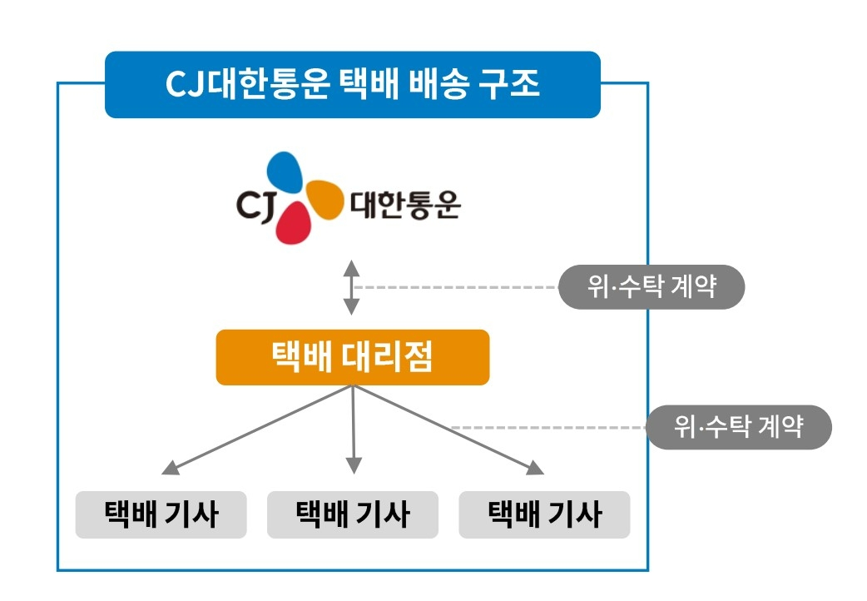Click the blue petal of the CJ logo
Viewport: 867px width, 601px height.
(284, 172)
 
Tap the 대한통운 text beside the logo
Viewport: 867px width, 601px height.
(405, 204)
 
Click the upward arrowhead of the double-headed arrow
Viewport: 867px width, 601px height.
(352, 268)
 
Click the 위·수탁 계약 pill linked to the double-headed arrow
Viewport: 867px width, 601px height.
(651, 287)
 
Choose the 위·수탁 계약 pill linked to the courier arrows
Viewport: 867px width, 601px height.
(739, 427)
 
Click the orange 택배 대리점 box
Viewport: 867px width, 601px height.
(352, 358)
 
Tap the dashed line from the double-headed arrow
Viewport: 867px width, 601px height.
(458, 287)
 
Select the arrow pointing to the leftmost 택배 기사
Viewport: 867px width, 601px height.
(250, 433)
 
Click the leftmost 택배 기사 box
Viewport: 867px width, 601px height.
(161, 514)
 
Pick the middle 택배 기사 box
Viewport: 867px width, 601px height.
(352, 514)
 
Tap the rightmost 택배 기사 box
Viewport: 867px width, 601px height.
(544, 514)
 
